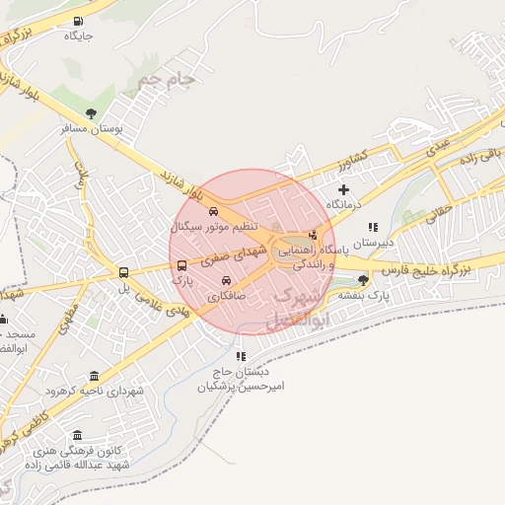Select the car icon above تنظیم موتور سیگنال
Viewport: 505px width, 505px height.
[x=214, y=210]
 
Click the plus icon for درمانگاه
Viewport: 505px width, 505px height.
[x=343, y=189]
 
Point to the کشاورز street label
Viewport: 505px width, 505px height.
[x=349, y=158]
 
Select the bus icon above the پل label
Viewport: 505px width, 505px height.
[x=124, y=273]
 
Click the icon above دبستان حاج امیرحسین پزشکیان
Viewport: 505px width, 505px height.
[x=240, y=356]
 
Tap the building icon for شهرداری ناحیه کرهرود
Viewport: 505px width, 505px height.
[x=94, y=377]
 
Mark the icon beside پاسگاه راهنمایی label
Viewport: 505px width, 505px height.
[x=314, y=235]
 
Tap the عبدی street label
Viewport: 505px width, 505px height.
[x=436, y=148]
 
